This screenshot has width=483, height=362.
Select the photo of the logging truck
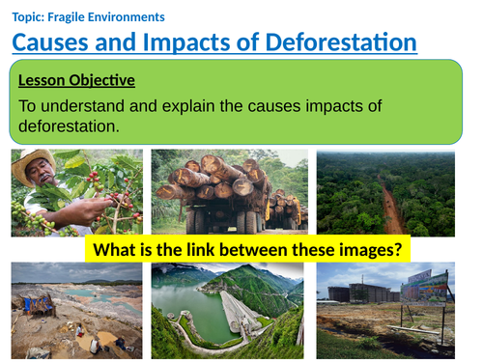click(229, 192)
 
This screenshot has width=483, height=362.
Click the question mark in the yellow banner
click(402, 249)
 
